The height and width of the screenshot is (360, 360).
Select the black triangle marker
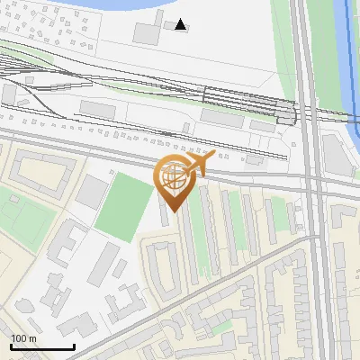[181, 24]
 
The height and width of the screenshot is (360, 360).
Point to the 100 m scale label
[24, 338]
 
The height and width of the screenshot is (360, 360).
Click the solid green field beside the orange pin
[125, 207]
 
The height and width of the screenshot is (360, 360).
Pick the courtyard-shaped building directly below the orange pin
[164, 266]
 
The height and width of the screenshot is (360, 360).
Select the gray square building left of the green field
[91, 191]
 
